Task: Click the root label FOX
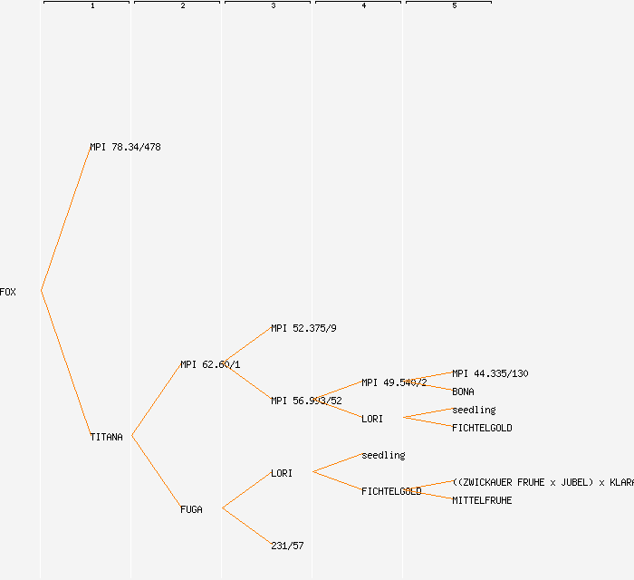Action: (x=8, y=292)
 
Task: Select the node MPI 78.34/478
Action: (x=125, y=147)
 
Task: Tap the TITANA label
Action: (x=106, y=437)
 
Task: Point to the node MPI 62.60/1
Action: (x=210, y=364)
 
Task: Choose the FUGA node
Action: (x=191, y=509)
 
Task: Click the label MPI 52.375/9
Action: (x=303, y=328)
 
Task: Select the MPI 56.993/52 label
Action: (x=306, y=401)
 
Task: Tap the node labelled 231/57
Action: (x=287, y=546)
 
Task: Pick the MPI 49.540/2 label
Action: (x=394, y=382)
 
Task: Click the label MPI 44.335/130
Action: (x=490, y=373)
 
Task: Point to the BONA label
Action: (x=463, y=391)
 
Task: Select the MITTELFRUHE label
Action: (x=482, y=500)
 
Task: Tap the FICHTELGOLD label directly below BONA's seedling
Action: (x=482, y=428)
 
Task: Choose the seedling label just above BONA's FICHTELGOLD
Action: (x=474, y=410)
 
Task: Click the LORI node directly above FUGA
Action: (x=282, y=473)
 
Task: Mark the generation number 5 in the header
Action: (x=454, y=6)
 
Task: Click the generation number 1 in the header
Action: (x=91, y=6)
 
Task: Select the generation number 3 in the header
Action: (x=273, y=6)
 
